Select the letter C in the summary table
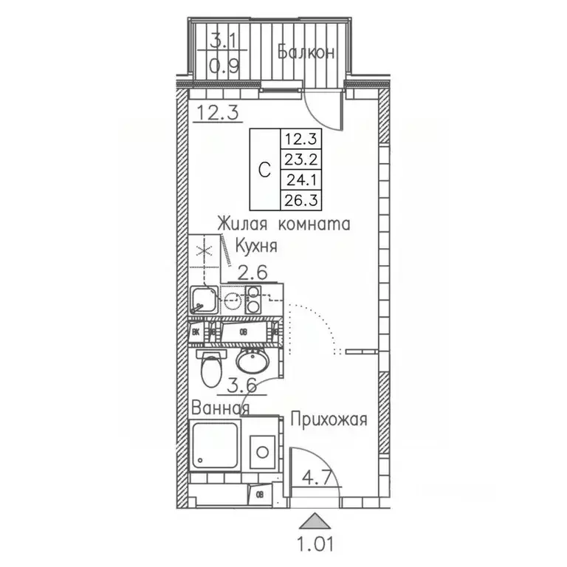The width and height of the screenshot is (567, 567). click(264, 169)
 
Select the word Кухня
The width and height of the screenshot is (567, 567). click(256, 246)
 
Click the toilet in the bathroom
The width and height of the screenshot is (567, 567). click(212, 367)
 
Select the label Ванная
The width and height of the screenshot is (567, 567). click(220, 408)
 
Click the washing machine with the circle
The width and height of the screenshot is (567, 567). click(261, 449)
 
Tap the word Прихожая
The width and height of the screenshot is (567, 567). click(329, 421)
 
